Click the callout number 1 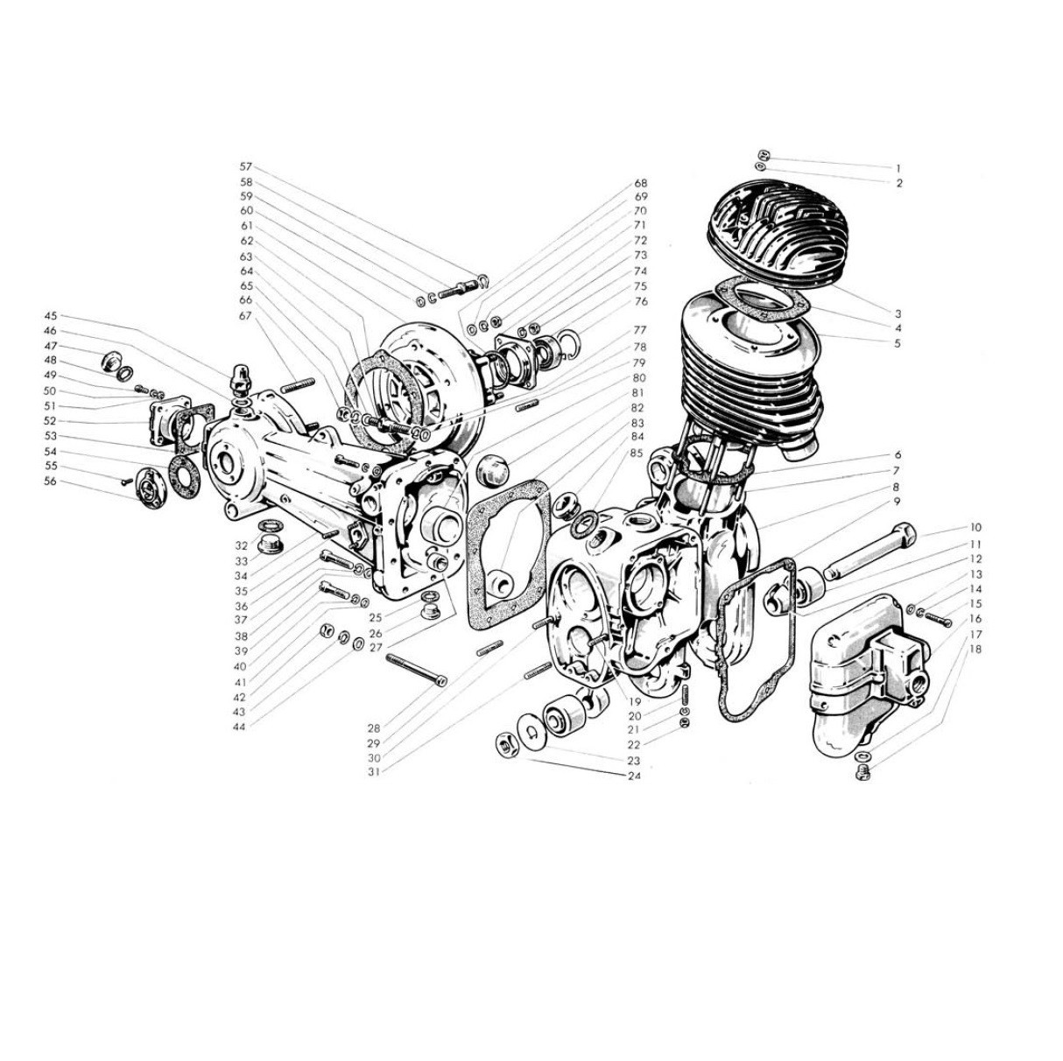[x=898, y=168]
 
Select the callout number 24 [x=634, y=776]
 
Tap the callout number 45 [x=51, y=316]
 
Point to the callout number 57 [x=246, y=166]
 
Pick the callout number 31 [x=375, y=772]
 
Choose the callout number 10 [x=975, y=528]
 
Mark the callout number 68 [x=640, y=183]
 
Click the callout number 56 [x=51, y=481]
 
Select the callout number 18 [x=975, y=650]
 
